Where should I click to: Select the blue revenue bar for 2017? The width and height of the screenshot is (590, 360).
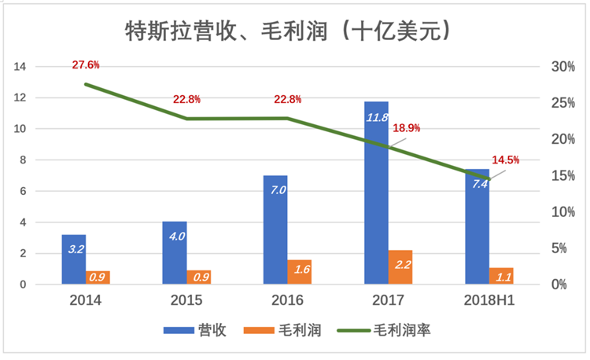pyautogui.click(x=376, y=197)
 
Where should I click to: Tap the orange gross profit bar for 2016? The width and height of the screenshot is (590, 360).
pyautogui.click(x=300, y=272)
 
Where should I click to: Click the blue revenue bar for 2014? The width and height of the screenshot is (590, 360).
pyautogui.click(x=74, y=259)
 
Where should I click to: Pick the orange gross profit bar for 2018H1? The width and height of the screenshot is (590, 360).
pyautogui.click(x=501, y=276)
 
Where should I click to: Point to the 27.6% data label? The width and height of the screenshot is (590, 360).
pyautogui.click(x=86, y=65)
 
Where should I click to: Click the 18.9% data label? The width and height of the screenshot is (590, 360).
pyautogui.click(x=407, y=128)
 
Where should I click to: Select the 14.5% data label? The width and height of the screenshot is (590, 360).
pyautogui.click(x=505, y=160)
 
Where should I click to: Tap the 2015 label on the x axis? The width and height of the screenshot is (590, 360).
pyautogui.click(x=186, y=300)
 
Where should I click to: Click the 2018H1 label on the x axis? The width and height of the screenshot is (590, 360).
pyautogui.click(x=489, y=300)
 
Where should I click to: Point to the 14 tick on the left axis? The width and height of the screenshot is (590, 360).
pyautogui.click(x=20, y=67)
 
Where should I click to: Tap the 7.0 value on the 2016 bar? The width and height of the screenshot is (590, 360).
pyautogui.click(x=275, y=190)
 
